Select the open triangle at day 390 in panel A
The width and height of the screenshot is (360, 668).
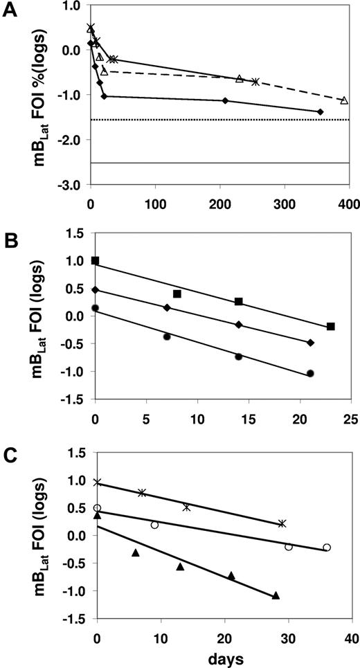point(344,100)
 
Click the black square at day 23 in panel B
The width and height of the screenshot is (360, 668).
point(330,326)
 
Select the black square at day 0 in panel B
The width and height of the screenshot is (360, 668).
point(96,260)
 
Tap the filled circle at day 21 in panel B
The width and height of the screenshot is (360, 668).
point(310,373)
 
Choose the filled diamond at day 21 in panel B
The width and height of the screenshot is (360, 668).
point(310,343)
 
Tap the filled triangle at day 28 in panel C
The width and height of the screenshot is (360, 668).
point(276,595)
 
